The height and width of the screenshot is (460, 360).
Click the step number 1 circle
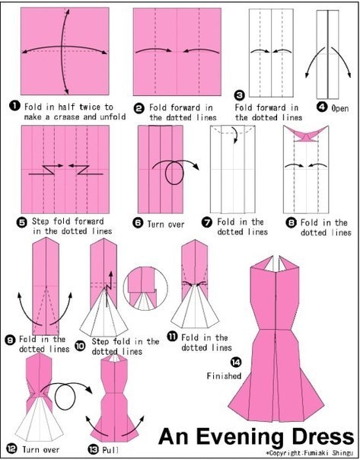(14, 106)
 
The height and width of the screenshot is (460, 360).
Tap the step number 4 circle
(322, 107)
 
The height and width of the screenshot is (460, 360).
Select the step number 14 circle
(236, 363)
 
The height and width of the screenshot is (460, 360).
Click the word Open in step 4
(340, 108)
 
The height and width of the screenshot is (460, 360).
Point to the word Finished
(224, 375)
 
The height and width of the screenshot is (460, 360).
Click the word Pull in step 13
(110, 450)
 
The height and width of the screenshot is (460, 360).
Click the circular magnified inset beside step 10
(145, 288)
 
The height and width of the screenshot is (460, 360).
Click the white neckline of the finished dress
(276, 263)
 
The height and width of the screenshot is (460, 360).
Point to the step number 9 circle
(10, 340)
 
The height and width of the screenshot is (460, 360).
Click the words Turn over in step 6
(166, 225)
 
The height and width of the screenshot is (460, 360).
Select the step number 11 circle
(172, 336)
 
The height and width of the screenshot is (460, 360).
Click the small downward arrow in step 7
(234, 135)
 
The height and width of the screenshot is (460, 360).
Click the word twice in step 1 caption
(90, 106)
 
